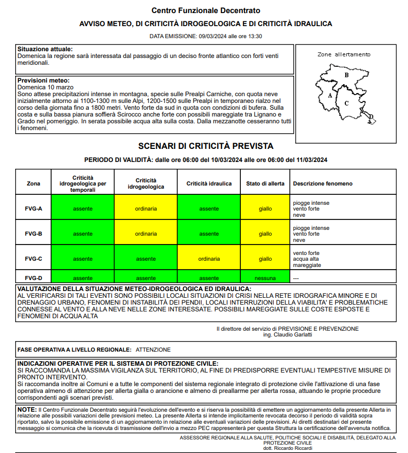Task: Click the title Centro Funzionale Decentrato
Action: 205,10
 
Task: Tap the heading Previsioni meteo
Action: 43,80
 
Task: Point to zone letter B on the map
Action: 346,75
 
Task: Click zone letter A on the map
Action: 330,96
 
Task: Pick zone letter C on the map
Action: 346,103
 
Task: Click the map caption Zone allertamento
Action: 344,54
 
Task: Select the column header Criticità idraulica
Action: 209,183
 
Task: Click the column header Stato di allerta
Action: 265,183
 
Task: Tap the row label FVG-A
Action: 33,208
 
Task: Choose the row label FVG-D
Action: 33,278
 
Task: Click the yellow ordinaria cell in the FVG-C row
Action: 209,259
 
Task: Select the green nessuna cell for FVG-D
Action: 265,278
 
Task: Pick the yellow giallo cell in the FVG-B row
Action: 265,234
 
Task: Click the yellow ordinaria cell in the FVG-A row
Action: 146,208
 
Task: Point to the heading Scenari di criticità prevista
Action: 205,146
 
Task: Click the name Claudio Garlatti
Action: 294,334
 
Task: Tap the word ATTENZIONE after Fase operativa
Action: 153,350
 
